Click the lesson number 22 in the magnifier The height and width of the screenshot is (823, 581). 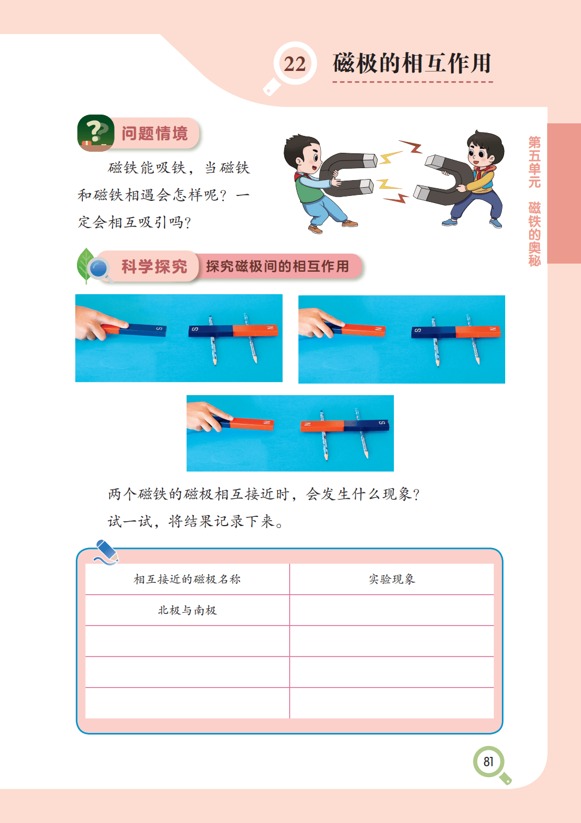[x=295, y=64]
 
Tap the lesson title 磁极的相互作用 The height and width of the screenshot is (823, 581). [x=412, y=63]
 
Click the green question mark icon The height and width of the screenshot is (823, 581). [x=95, y=133]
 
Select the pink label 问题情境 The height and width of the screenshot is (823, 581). [x=154, y=133]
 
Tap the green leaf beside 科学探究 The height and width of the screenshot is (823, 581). [x=85, y=265]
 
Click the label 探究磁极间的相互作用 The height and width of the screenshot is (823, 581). [x=277, y=266]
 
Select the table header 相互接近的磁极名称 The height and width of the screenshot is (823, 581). [x=187, y=580]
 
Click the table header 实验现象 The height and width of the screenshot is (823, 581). [x=392, y=580]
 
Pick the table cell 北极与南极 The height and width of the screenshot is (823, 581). [x=187, y=610]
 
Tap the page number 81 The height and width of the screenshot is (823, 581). [x=488, y=762]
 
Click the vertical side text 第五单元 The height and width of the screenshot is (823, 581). [x=535, y=162]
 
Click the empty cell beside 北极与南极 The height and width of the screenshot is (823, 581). [x=392, y=610]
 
